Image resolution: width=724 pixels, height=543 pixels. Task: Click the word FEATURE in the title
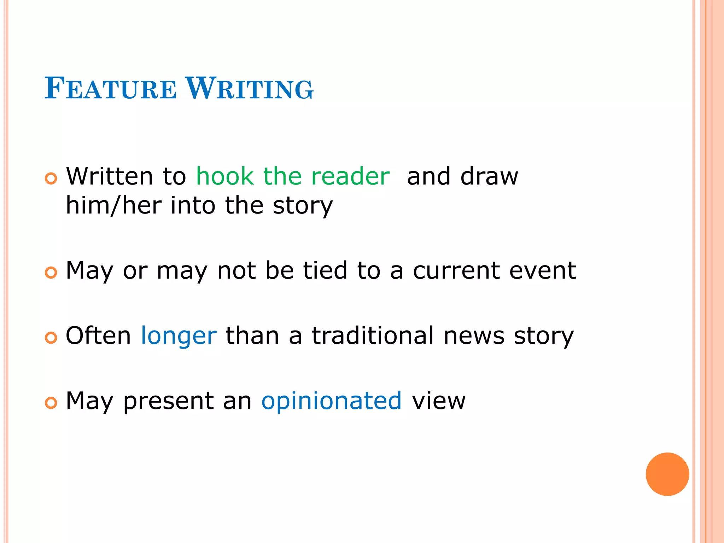[x=110, y=88]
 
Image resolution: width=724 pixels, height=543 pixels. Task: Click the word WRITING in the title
[x=250, y=88]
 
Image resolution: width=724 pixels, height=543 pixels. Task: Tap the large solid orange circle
[x=667, y=474]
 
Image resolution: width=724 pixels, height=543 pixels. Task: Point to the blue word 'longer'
[x=179, y=336]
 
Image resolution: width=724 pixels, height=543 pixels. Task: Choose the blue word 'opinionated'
[x=331, y=401]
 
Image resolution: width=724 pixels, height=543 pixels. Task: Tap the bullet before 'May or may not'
[x=51, y=273]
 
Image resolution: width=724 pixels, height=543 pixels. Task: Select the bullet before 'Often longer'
[x=51, y=338]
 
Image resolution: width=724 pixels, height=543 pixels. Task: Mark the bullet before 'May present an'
[x=51, y=403]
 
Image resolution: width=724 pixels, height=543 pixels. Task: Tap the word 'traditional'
[x=372, y=336]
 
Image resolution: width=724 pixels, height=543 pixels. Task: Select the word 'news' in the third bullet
[x=474, y=336]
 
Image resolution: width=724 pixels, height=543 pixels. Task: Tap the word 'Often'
[x=98, y=336]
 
